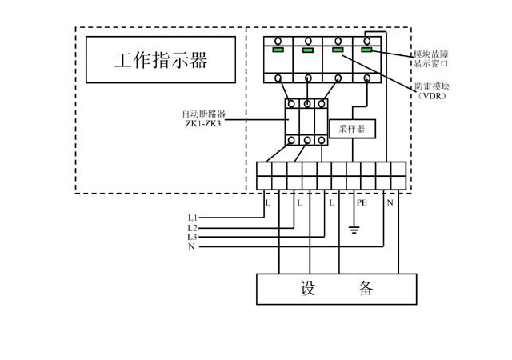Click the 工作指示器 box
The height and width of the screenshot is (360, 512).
point(161,60)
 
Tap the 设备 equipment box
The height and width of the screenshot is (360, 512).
point(336,289)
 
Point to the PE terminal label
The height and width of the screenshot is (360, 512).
point(361,204)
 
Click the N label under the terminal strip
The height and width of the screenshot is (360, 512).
point(390,204)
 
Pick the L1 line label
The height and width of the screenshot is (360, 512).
point(192,218)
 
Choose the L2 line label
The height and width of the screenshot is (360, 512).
point(192,228)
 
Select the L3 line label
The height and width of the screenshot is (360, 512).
point(192,238)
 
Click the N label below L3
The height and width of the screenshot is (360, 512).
point(191,247)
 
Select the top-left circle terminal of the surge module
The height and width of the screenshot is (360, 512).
point(278,40)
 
